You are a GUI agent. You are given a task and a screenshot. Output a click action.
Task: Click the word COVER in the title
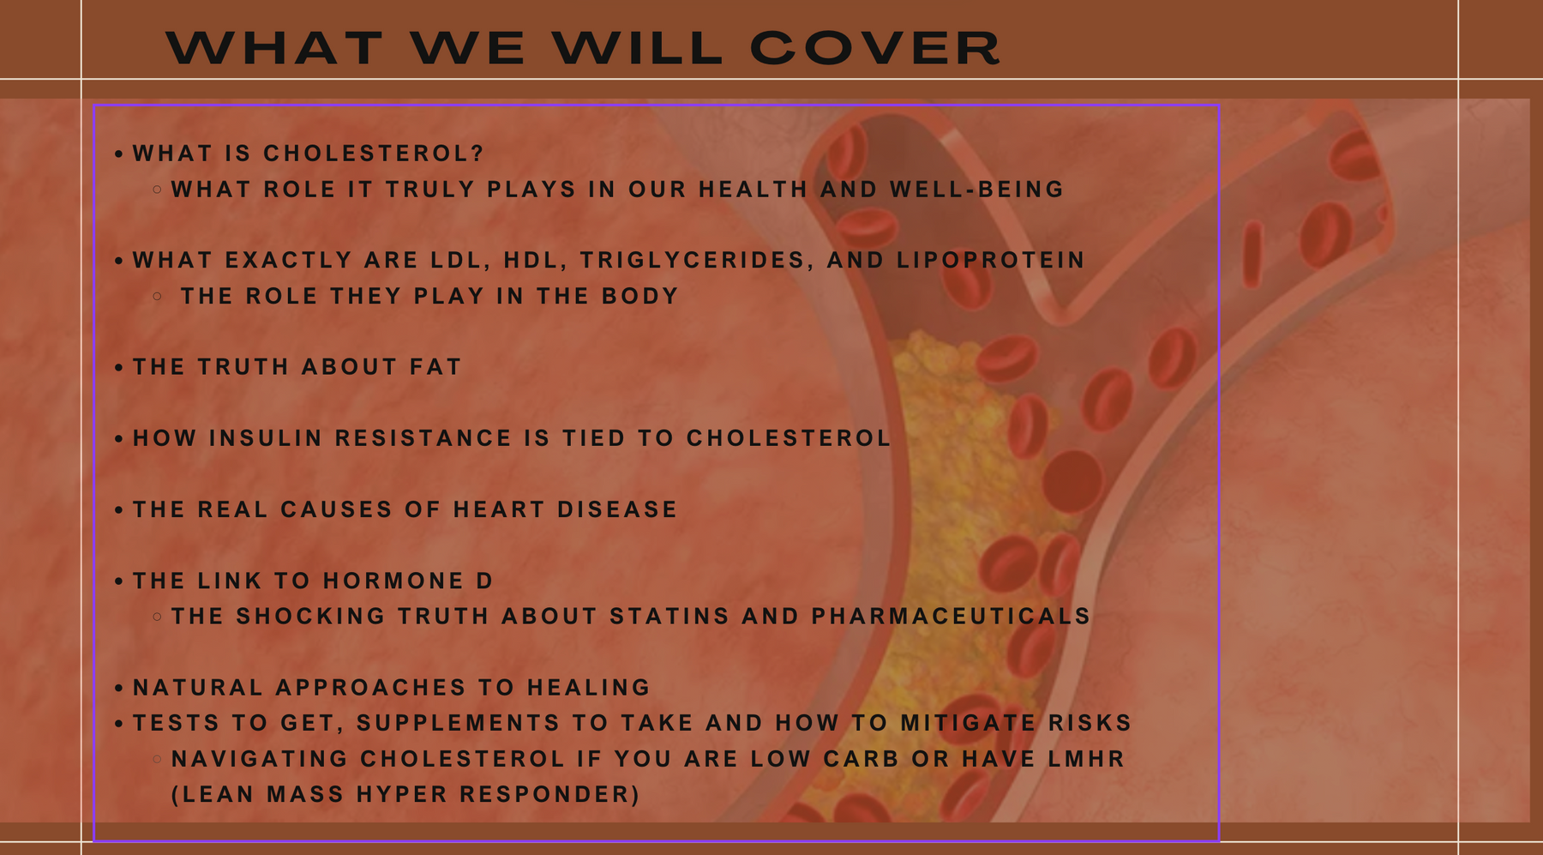coord(875,48)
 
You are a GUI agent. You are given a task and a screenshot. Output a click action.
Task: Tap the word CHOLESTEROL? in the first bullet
coord(374,154)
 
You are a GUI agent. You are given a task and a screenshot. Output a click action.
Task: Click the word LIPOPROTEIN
coord(991,260)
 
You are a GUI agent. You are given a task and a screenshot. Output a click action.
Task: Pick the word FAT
coord(435,367)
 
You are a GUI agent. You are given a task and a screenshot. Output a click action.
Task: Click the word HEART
coord(499,509)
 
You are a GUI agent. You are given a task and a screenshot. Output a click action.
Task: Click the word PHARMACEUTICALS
coord(951,617)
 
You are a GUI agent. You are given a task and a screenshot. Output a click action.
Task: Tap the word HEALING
coord(589,688)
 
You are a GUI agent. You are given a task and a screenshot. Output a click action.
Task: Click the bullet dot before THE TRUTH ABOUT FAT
coord(119,368)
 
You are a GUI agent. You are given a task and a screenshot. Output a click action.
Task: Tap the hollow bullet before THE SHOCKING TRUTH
coord(157,617)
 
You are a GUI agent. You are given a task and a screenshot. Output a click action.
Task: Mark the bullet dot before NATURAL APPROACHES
coord(119,689)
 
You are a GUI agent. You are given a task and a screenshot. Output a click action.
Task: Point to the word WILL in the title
coord(638,48)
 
